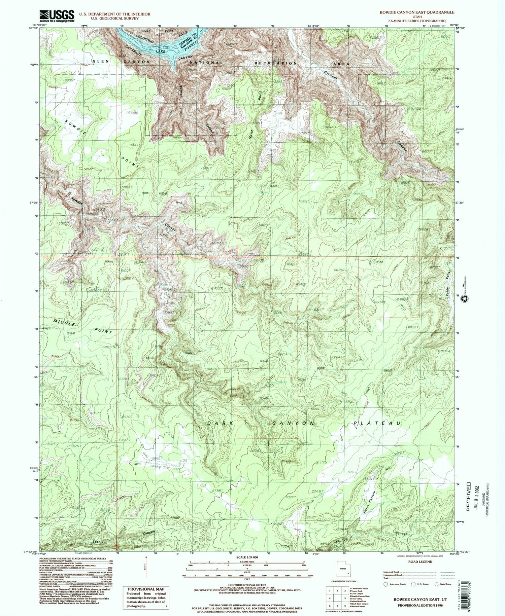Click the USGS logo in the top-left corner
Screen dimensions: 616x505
[x=57, y=16]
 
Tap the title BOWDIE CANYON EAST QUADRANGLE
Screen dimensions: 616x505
[x=412, y=12]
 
